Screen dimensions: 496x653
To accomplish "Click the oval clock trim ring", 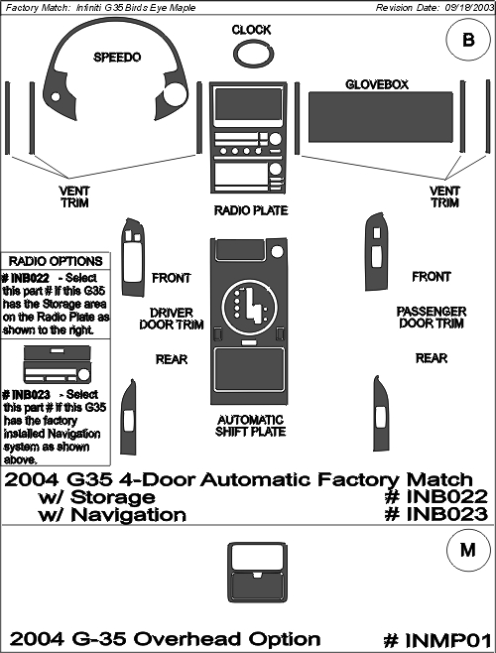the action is pos(234,55).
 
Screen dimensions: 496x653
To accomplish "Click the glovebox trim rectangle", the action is pos(380,117).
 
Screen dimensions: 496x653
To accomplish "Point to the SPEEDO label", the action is pos(117,57).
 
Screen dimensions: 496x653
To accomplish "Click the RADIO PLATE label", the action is pos(251,210).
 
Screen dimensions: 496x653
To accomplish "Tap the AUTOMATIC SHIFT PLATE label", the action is pos(251,426).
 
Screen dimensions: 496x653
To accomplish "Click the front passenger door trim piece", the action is pos(377,252).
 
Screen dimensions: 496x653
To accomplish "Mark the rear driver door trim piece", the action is pos(127,417).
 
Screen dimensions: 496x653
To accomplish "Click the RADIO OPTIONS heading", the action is pos(56,262).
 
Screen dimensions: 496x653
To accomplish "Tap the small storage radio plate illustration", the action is pos(58,364).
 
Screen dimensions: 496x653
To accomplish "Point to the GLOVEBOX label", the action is pos(377,84).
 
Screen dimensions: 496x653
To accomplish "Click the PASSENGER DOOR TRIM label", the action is pos(432,318).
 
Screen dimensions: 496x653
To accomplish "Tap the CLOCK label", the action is pos(251,30).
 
